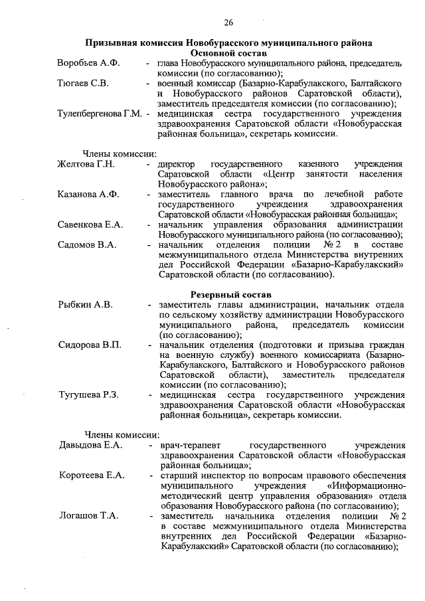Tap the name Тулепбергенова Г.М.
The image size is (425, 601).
tap(100, 114)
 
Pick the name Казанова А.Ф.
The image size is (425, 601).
tap(88, 194)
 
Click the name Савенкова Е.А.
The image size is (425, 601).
tap(90, 225)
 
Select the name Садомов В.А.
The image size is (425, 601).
tap(87, 245)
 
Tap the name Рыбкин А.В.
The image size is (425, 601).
tap(85, 305)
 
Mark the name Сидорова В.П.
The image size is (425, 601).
tap(89, 345)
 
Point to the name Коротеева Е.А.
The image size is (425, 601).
tap(92, 475)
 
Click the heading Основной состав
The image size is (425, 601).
tap(228, 52)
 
